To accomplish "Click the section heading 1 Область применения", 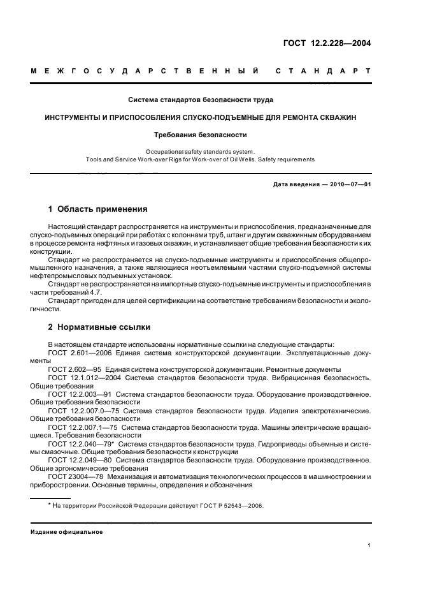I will click(x=98, y=209).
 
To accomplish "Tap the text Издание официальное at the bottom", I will click(x=66, y=531).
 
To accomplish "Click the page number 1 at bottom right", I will click(x=369, y=546).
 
